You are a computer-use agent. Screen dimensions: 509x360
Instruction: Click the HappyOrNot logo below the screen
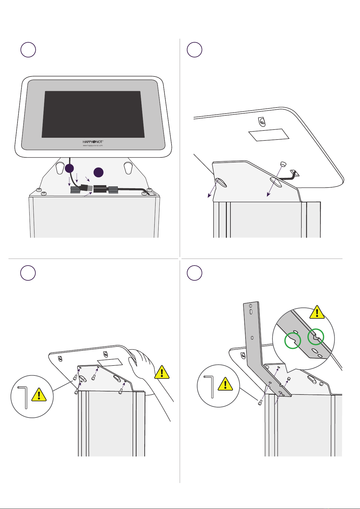pos(93,141)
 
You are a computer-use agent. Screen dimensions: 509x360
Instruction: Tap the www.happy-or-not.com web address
pos(93,145)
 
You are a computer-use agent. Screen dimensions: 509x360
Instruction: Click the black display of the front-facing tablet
pos(93,114)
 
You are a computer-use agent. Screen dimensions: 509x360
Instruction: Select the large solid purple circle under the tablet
pos(99,172)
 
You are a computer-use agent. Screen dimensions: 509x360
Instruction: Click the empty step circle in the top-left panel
pos(28,50)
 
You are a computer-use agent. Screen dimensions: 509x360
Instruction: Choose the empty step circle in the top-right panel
pos(194,50)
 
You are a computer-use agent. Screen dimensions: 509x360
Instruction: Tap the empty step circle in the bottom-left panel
pos(28,273)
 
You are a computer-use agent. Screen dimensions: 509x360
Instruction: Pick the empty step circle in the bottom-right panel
pos(194,273)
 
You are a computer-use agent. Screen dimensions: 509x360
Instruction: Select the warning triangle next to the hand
pos(162,372)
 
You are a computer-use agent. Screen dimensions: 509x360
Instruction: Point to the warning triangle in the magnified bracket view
pos(317,313)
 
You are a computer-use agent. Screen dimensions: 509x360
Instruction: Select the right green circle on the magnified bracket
pos(316,336)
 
